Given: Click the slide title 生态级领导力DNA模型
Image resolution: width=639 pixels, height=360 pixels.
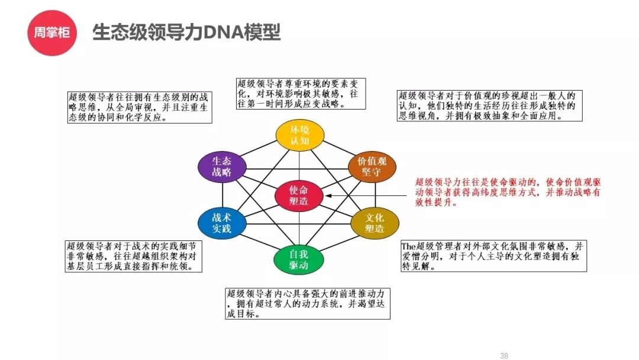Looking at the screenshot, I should click(186, 33).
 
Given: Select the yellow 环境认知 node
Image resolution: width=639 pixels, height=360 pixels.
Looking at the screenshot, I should click(299, 136).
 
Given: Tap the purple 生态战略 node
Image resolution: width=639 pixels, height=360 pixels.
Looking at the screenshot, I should click(221, 166).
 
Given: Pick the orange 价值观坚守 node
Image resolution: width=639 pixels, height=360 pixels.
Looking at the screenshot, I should click(371, 167).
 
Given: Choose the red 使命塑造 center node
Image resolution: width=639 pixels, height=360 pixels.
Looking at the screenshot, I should click(299, 195).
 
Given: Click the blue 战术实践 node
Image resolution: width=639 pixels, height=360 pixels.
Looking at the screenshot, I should click(221, 223).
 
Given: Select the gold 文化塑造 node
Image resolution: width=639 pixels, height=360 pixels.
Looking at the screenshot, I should click(375, 223).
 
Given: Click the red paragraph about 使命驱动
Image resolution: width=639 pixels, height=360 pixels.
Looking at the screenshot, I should click(508, 192).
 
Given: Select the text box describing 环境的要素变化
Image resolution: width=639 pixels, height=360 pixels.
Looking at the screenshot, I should click(298, 94).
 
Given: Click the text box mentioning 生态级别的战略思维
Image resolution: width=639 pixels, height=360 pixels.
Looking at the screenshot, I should click(138, 107).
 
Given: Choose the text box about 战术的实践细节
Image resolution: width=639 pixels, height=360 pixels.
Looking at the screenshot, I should click(133, 256).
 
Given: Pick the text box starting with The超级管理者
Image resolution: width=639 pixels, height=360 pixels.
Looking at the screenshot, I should click(493, 256).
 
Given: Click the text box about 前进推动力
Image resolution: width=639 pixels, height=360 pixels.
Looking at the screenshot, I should click(308, 303).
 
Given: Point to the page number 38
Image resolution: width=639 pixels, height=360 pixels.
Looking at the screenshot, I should click(504, 356).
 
